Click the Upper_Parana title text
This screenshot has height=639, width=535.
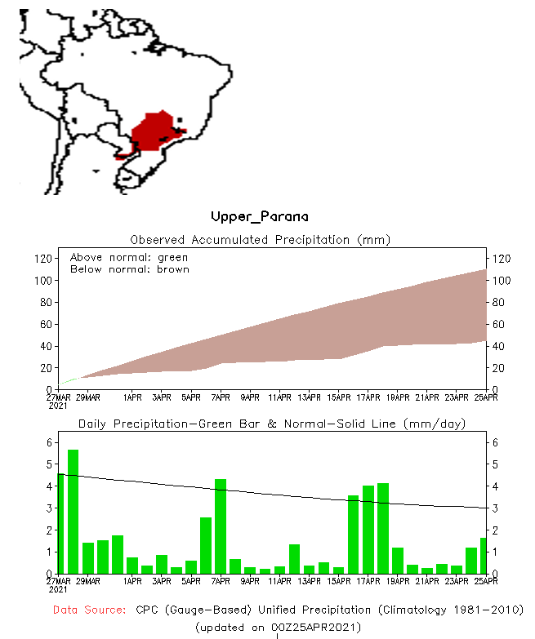[260, 216]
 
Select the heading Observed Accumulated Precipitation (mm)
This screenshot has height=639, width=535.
[261, 240]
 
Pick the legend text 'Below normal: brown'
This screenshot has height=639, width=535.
[129, 269]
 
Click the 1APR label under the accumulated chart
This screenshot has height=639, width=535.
[132, 397]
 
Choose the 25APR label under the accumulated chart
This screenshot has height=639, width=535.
[486, 397]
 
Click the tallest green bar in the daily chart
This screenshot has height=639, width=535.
[73, 512]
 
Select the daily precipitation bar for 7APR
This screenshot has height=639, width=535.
[221, 526]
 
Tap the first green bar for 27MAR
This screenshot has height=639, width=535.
[60, 523]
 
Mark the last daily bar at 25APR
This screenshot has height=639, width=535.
[484, 556]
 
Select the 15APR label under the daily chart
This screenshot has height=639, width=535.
[338, 582]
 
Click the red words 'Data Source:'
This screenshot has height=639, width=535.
[89, 610]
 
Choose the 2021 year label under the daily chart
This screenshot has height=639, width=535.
[58, 588]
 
